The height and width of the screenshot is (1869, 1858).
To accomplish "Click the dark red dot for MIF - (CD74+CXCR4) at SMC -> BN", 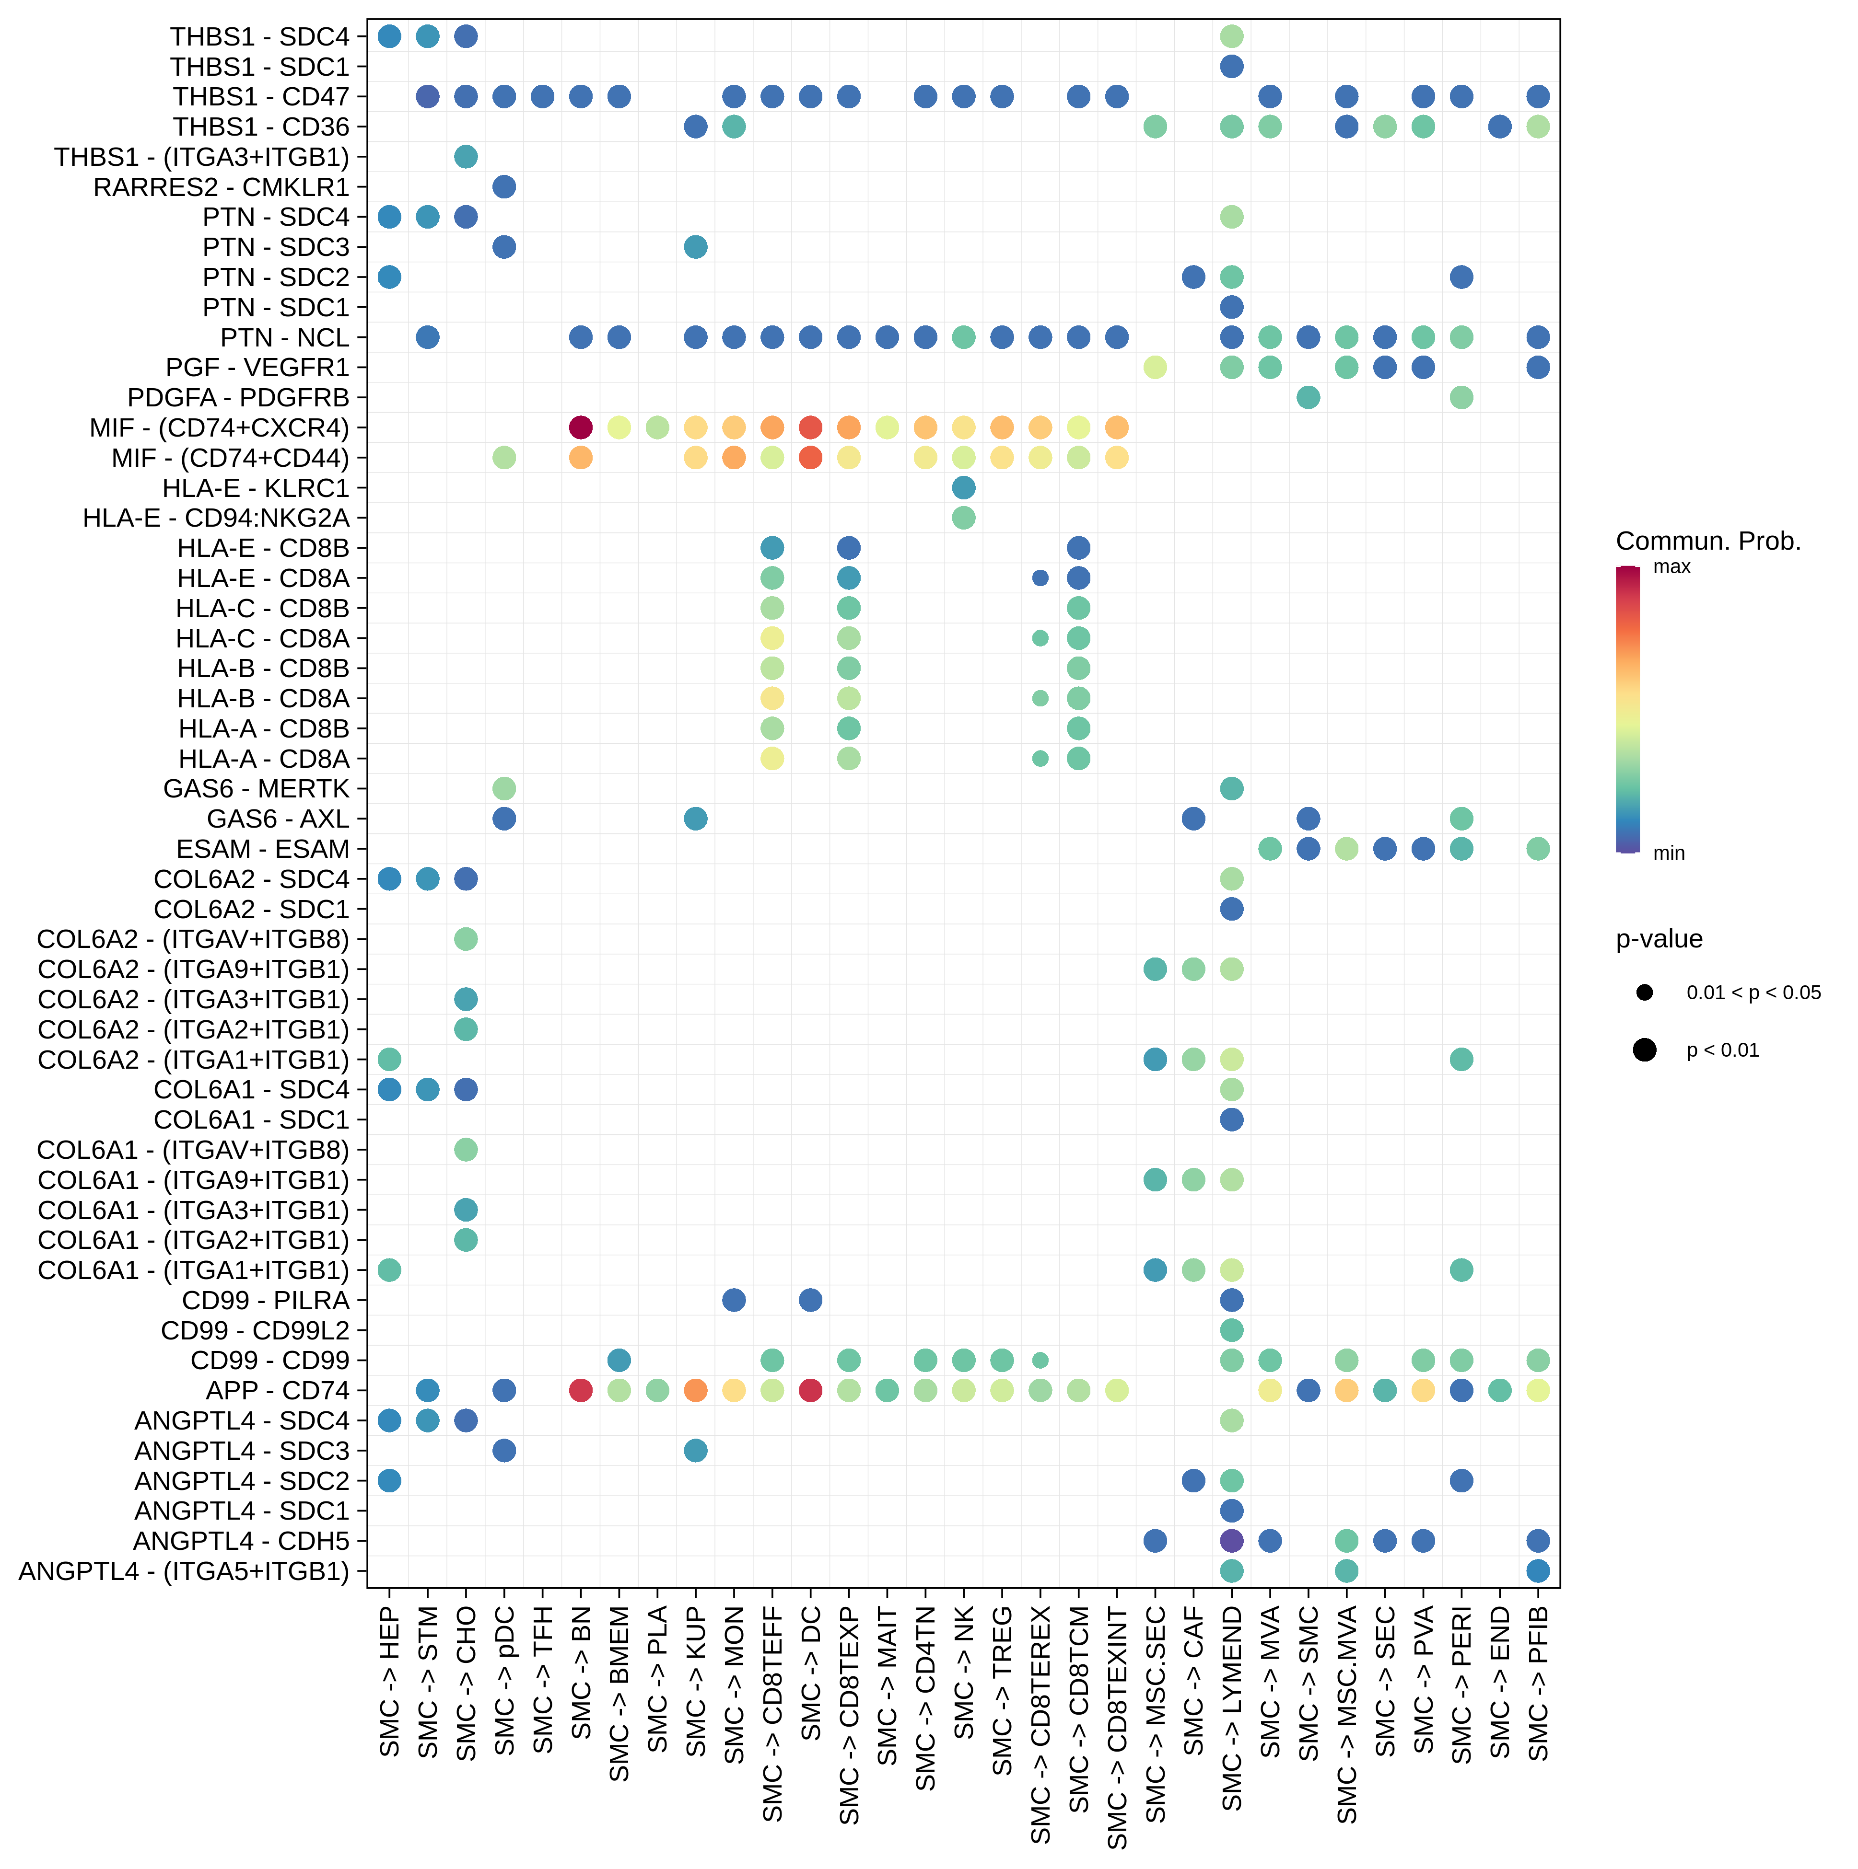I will (581, 427).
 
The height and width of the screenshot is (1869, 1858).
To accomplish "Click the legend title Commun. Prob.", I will (1708, 541).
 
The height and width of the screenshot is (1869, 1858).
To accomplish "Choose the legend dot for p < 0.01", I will (1644, 1050).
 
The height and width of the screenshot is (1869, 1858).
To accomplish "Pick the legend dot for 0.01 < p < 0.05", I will (1644, 992).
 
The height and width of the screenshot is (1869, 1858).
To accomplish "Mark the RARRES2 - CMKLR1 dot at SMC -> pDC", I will (504, 187).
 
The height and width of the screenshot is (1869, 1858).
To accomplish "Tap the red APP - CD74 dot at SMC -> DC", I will (811, 1390).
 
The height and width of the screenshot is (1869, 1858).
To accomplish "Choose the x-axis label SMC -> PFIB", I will (1539, 1683).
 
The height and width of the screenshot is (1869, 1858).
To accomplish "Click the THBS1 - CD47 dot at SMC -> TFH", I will (543, 97).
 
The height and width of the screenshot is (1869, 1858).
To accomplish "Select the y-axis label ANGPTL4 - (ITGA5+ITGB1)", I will (184, 1571).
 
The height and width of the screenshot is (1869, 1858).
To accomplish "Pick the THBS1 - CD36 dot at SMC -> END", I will (1500, 127).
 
